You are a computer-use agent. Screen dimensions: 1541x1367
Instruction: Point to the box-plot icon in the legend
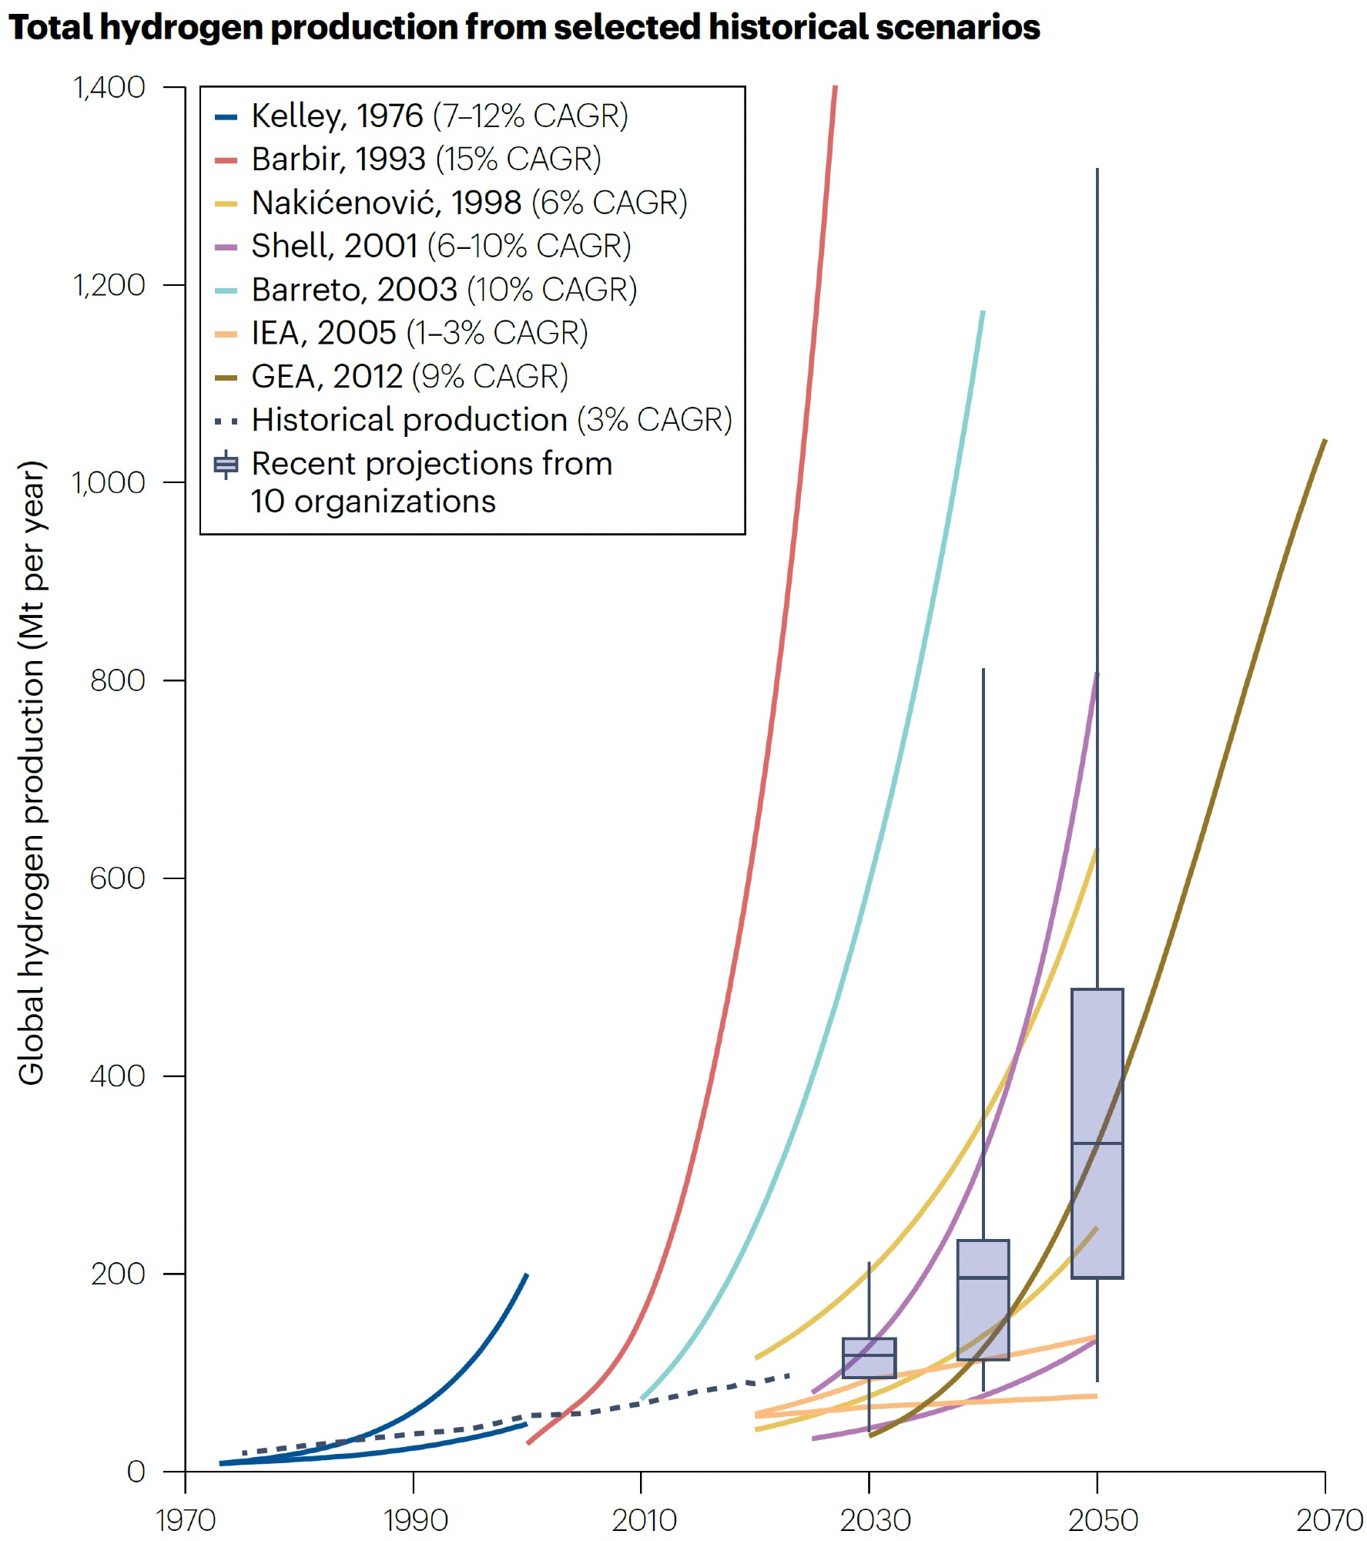pyautogui.click(x=226, y=465)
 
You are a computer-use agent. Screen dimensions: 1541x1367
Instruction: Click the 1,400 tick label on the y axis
pyautogui.click(x=109, y=88)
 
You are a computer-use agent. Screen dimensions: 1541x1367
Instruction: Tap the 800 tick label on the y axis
pyautogui.click(x=117, y=681)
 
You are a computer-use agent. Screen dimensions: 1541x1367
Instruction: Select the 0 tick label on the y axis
pyautogui.click(x=136, y=1472)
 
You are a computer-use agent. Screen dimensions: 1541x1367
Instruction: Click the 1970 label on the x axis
pyautogui.click(x=185, y=1520)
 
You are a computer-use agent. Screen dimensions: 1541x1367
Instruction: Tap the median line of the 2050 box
pyautogui.click(x=1097, y=1143)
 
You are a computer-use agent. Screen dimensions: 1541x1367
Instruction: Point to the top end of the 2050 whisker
pyautogui.click(x=1097, y=170)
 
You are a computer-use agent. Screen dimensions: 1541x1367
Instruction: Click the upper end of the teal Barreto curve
pyautogui.click(x=983, y=312)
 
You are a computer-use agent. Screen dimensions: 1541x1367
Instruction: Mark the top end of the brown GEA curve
pyautogui.click(x=1324, y=441)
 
